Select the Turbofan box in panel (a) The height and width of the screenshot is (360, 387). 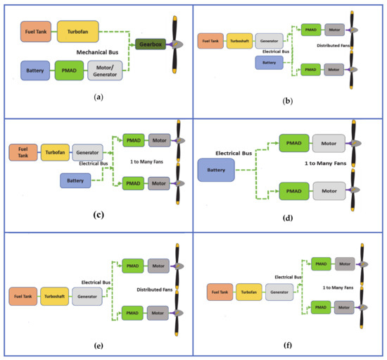coord(77,30)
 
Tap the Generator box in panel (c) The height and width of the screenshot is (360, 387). coord(87,151)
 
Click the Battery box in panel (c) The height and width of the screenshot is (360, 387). coord(76,180)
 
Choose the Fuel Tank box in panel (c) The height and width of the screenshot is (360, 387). coord(23,151)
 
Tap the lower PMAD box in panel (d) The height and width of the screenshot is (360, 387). coord(294,191)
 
